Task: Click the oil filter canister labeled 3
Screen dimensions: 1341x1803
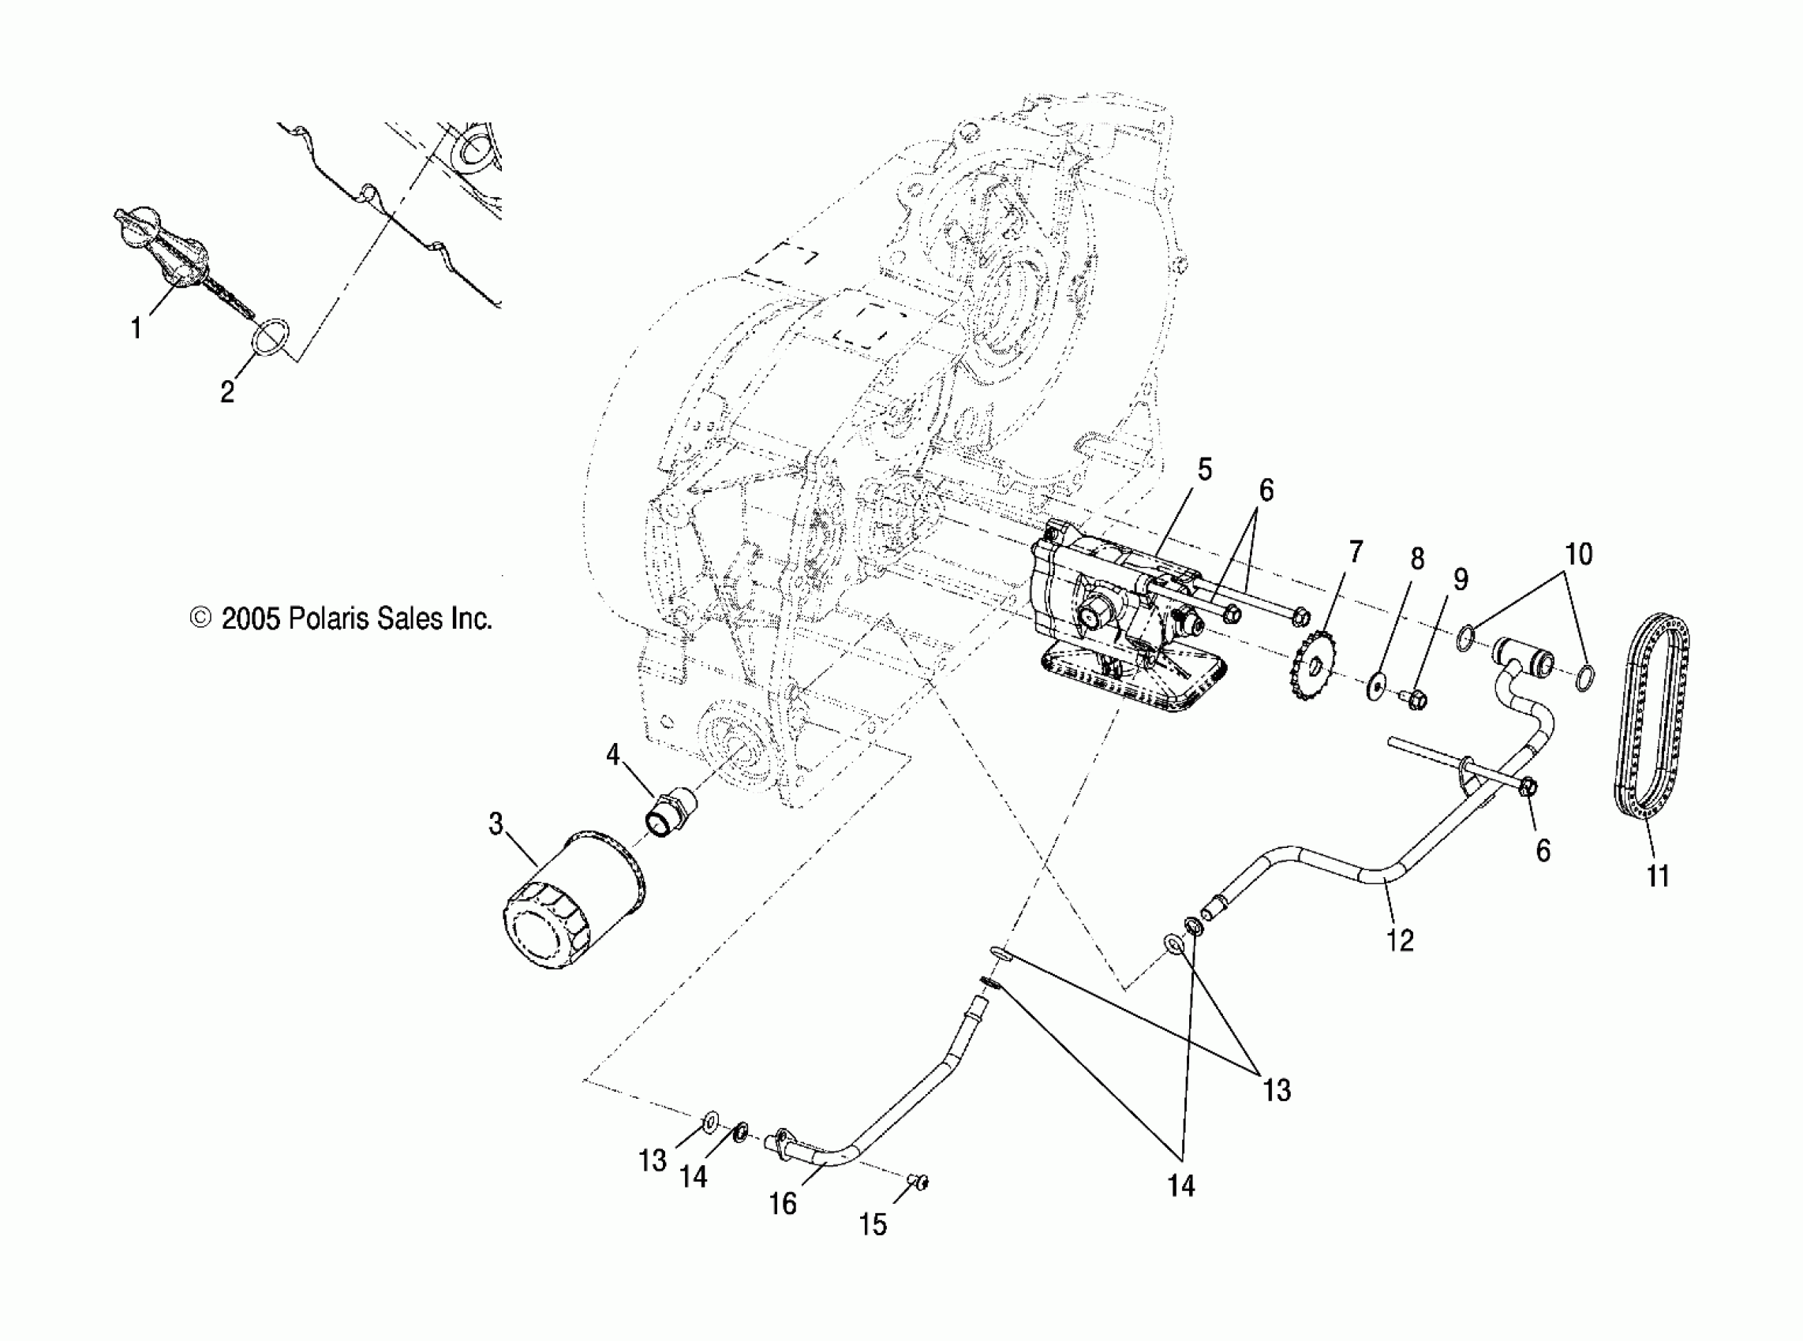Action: pyautogui.click(x=572, y=901)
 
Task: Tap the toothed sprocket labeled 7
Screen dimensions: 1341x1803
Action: pyautogui.click(x=1315, y=669)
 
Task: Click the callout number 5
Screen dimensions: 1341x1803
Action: pyautogui.click(x=1204, y=469)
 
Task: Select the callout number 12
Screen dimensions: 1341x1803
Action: pyautogui.click(x=1401, y=940)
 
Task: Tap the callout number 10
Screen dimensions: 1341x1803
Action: pyautogui.click(x=1578, y=555)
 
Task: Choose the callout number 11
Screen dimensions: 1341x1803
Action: pyautogui.click(x=1658, y=876)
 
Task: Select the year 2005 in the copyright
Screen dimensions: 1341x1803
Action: pyautogui.click(x=251, y=619)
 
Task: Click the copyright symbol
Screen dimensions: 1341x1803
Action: pyautogui.click(x=199, y=619)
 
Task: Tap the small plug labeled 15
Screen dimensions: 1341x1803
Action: pyautogui.click(x=918, y=1182)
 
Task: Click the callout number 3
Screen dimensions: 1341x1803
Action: pyautogui.click(x=496, y=824)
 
